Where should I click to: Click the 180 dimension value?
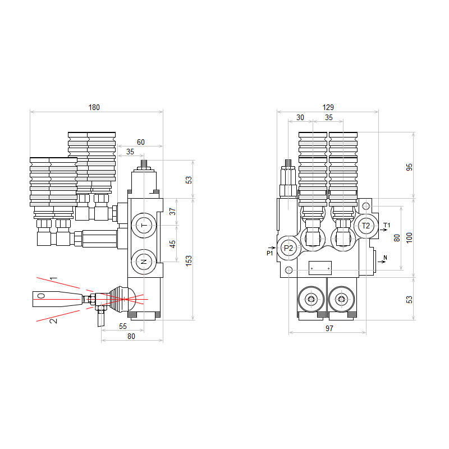point(94,107)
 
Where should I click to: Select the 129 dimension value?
point(328,107)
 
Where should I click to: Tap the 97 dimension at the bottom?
point(329,328)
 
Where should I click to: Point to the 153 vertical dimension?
point(189,261)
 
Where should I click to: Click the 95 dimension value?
point(410,167)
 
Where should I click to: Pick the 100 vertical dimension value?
point(410,238)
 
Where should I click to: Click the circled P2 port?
point(288,248)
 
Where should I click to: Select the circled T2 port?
point(366,226)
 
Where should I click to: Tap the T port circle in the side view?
point(144,226)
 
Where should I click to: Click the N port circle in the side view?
point(144,262)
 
